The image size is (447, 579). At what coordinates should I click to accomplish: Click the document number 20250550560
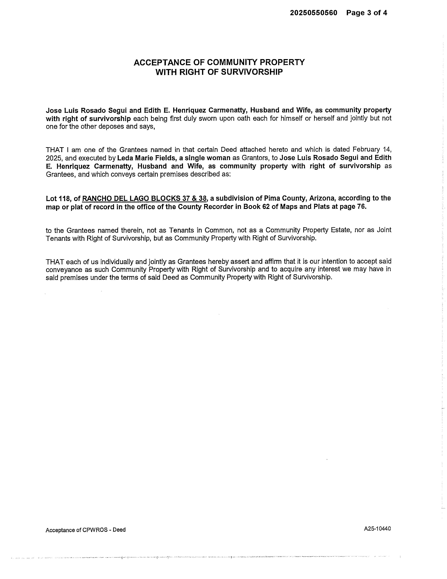(314, 13)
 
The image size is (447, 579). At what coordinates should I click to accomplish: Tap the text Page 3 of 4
(367, 13)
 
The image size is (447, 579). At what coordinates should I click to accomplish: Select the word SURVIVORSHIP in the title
(252, 72)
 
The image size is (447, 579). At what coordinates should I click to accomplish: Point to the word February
(364, 149)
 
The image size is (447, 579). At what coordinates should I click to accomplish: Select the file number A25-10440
(377, 529)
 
